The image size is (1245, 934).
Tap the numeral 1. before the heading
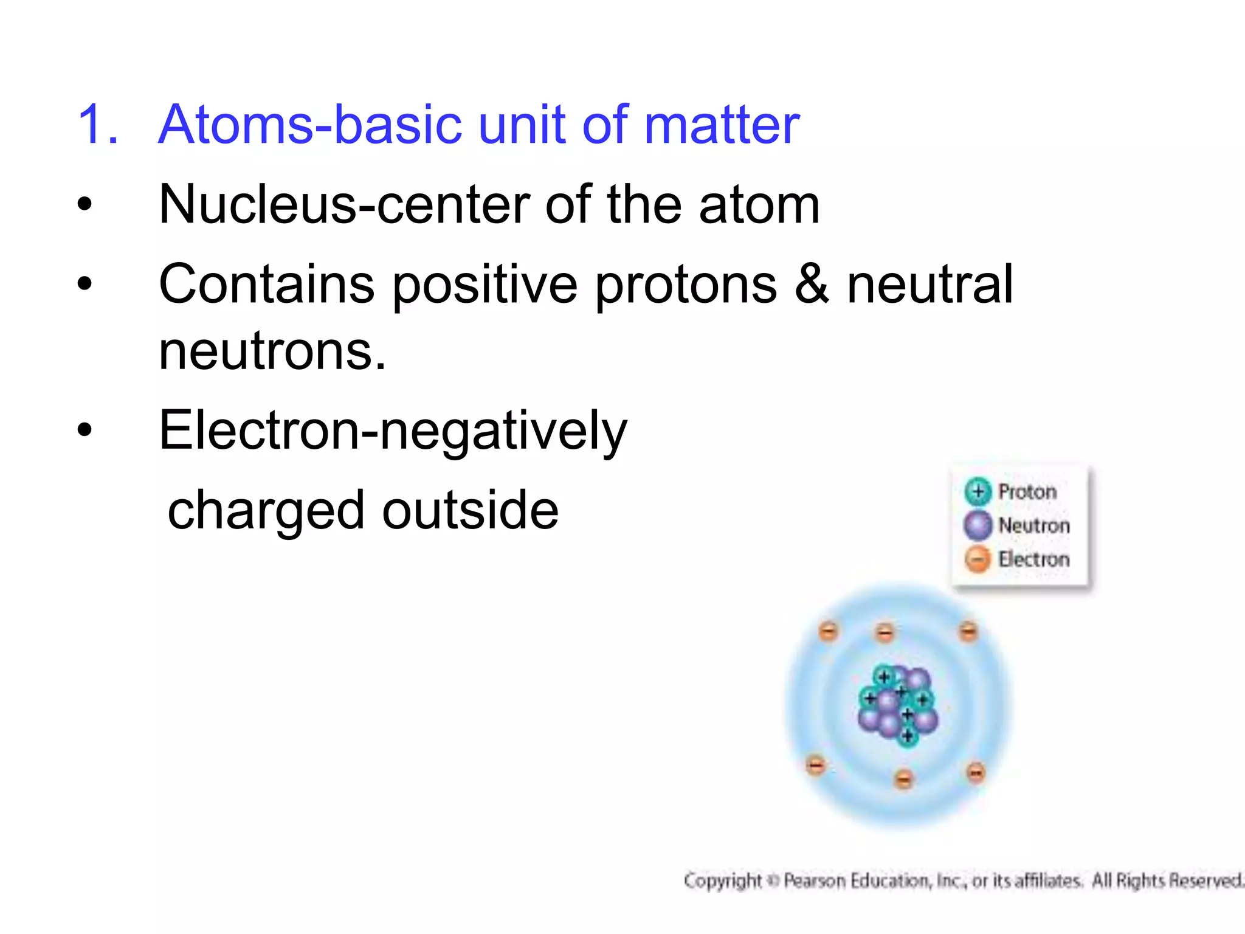98,125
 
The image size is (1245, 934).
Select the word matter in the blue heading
722,125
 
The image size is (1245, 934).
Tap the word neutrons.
272,351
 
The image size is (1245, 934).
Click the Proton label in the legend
1027,491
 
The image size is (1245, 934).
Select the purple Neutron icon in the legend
978,525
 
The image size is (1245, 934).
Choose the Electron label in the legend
1033,559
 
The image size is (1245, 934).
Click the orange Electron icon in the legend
978,559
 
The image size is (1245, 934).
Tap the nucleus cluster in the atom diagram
898,705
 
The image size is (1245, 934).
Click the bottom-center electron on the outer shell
904,779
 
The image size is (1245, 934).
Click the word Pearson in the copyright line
815,880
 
